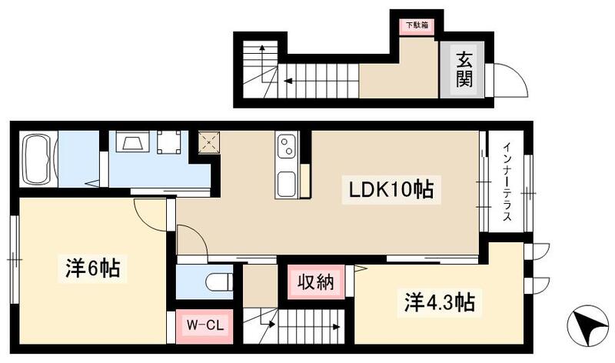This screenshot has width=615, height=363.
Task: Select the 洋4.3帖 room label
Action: (435, 301)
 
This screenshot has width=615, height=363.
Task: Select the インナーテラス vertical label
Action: (507, 183)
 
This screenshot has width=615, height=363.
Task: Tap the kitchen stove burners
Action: (286, 145)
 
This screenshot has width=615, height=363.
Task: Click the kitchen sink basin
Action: (286, 185)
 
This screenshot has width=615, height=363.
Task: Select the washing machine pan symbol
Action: (169, 143)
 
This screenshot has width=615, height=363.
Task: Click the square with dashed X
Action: (209, 143)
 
